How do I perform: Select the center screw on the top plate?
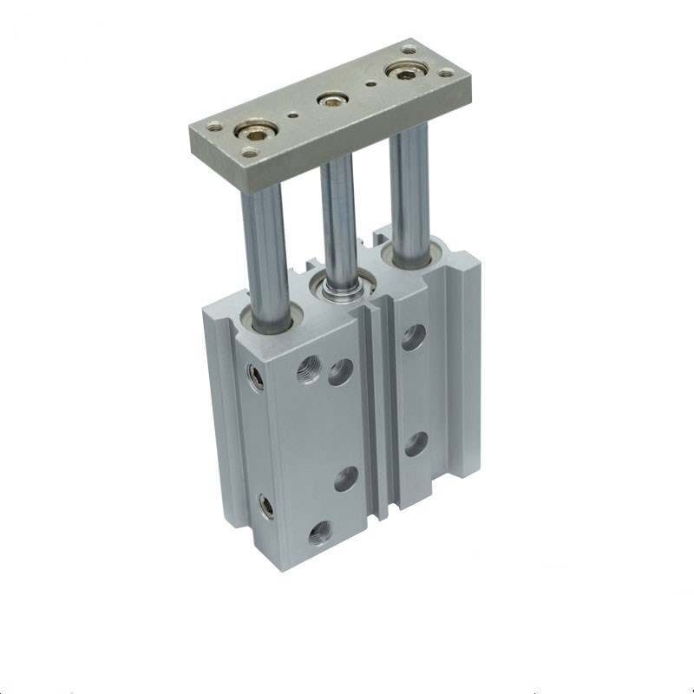[329, 101]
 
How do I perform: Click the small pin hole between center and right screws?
[371, 85]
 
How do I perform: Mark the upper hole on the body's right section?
[414, 337]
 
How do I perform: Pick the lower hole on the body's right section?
[416, 442]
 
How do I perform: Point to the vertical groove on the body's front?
[383, 408]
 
